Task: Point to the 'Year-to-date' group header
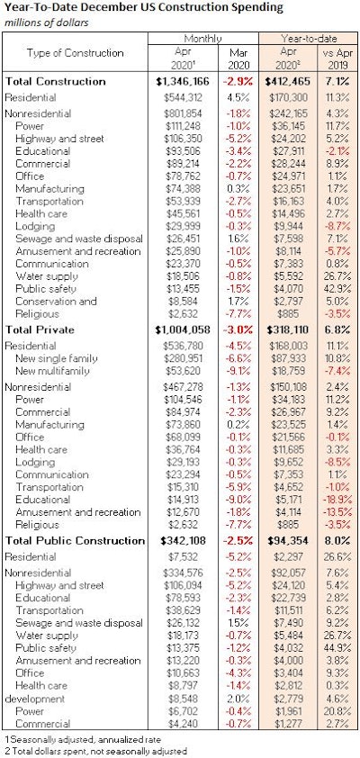coord(305,40)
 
